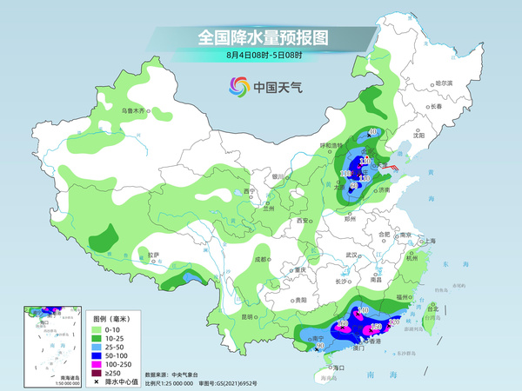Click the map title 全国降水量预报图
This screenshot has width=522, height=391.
click(262, 37)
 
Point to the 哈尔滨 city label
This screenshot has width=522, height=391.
click(444, 83)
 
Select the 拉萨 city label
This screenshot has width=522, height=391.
click(154, 255)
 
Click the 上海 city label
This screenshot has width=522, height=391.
click(427, 241)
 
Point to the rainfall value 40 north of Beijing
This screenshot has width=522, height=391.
click(372, 132)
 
